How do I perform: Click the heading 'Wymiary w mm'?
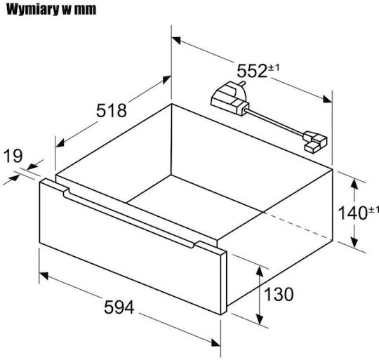pos(51,10)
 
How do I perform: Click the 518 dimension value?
pos(112,111)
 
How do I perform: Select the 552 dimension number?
pos(252,71)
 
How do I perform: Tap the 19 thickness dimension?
pos(13,156)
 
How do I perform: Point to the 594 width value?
pos(119,307)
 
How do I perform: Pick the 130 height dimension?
pos(279,294)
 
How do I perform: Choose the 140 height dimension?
pos(353,213)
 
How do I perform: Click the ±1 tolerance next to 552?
pos(274,67)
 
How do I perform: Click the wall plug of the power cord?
pos(230,98)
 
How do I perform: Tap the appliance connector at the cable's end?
pos(315,141)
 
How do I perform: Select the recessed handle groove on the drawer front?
pos(129,218)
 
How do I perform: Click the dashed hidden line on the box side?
pos(298,225)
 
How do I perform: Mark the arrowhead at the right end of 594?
pos(216,342)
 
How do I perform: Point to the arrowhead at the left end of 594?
pos(44,275)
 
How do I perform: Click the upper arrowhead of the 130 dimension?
pos(260,271)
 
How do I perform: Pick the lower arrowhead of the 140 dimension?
pos(354,242)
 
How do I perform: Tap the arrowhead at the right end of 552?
pos(328,99)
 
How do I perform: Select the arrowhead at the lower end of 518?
pos(60,143)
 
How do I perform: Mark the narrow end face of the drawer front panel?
pos(224,283)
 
